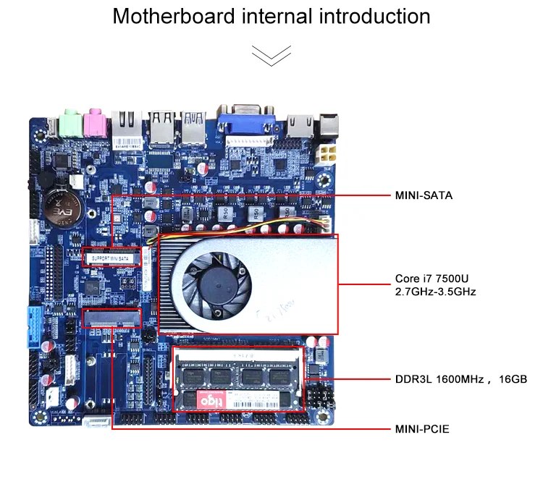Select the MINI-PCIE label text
422,429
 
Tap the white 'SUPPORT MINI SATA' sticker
110,257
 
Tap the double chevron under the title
271,55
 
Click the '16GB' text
513,378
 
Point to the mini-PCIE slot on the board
112,317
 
